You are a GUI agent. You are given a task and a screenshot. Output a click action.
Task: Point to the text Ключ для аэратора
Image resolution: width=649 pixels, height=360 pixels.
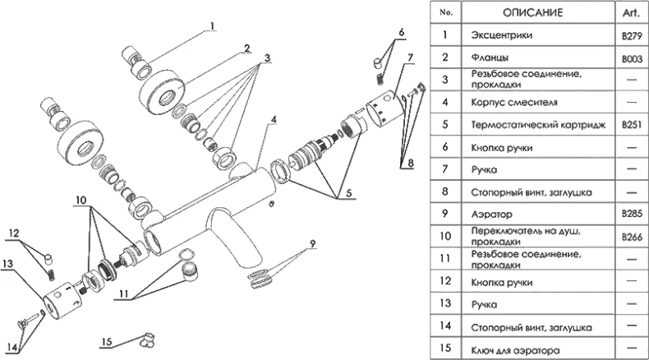pyautogui.click(x=516, y=349)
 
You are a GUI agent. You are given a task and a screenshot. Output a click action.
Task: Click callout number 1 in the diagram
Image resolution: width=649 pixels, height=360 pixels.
pyautogui.click(x=212, y=25)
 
